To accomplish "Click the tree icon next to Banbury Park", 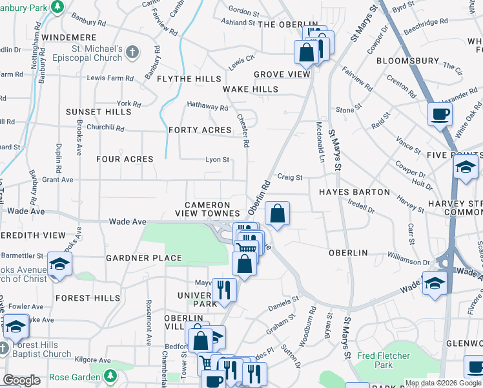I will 57,6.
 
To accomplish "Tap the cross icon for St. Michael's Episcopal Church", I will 132,52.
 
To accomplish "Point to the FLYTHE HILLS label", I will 189,79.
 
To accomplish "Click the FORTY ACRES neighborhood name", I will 200,130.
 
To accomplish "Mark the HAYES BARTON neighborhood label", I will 354,192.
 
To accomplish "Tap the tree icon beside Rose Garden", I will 111,375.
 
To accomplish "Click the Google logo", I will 21,380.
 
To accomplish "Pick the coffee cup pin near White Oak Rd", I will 440,114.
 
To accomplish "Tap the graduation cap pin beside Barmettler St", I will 59,264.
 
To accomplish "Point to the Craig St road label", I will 289,177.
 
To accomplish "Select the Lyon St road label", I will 217,159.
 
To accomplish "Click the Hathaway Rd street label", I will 207,107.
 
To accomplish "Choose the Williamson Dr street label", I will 409,262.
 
